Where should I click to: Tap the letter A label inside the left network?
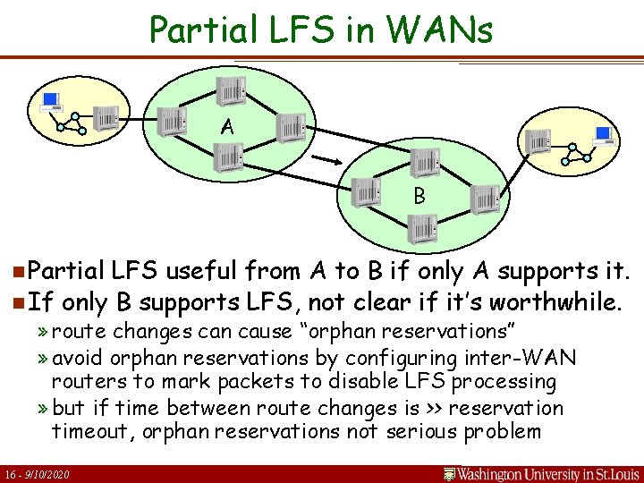pyautogui.click(x=228, y=127)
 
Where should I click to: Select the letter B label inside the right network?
pyautogui.click(x=419, y=195)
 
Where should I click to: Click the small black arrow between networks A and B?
pyautogui.click(x=326, y=159)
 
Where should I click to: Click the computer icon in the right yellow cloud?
pyautogui.click(x=603, y=135)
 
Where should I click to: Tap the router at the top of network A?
pyautogui.click(x=231, y=89)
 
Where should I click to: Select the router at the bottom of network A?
pyautogui.click(x=228, y=160)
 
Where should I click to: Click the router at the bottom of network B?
pyautogui.click(x=419, y=230)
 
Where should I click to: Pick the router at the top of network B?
pyautogui.click(x=425, y=163)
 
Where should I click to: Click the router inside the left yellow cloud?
pyautogui.click(x=106, y=117)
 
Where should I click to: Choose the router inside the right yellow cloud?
pyautogui.click(x=538, y=141)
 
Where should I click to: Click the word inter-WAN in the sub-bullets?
pyautogui.click(x=534, y=358)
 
